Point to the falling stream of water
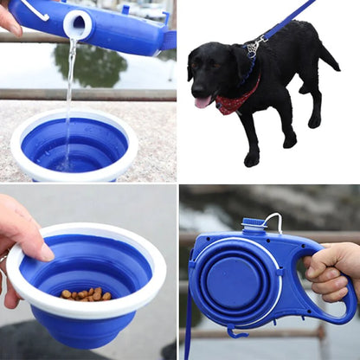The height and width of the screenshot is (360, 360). point(69,95)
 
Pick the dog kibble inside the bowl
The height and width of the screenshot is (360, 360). point(86,294)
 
